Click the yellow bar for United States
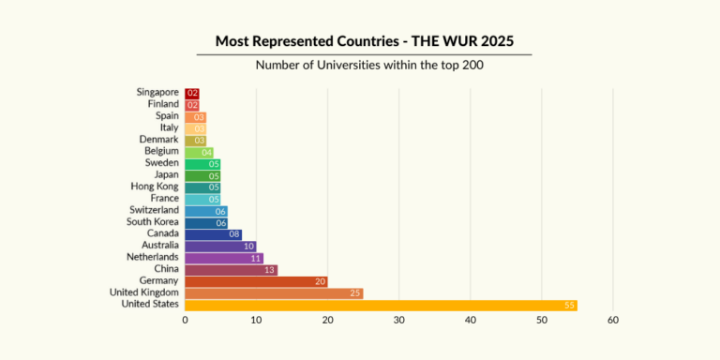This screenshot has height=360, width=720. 381,305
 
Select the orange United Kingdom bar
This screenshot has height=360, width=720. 274,293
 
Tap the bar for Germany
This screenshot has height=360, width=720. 256,281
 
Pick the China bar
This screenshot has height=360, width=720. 231,270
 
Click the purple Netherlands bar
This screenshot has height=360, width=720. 223,258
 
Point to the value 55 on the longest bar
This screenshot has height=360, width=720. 569,305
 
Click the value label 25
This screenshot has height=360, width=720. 355,293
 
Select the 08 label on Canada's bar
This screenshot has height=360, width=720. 234,234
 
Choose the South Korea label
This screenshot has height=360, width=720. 154,222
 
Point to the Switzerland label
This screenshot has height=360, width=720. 154,210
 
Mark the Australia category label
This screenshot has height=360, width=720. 157,246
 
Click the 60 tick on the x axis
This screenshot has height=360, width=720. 613,322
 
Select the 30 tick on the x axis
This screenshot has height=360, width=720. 399,322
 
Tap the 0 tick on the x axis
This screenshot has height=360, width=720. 186,322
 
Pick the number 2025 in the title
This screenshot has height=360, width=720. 495,41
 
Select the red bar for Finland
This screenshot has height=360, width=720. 191,105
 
